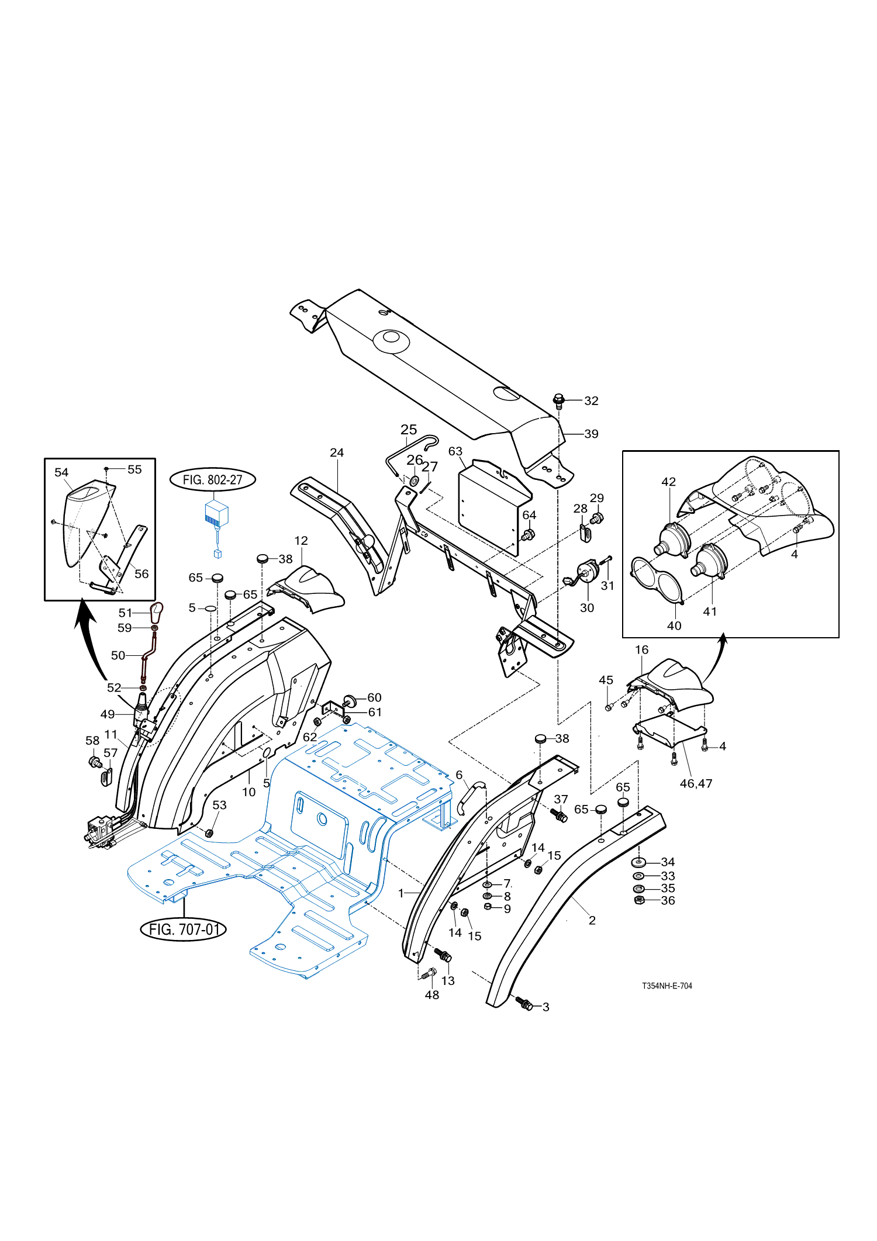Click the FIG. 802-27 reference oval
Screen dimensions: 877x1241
[213, 480]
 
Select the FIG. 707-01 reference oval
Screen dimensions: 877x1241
[184, 929]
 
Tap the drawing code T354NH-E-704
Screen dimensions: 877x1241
[667, 986]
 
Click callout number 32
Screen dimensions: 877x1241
[592, 400]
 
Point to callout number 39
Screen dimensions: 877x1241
[592, 434]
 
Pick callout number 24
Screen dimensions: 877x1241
[337, 452]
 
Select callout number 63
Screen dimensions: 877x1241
[455, 451]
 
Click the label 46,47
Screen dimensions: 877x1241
[696, 783]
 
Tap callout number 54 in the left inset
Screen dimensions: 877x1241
[61, 472]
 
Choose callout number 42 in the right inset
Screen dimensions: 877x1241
[669, 482]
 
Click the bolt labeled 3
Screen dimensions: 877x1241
[525, 1004]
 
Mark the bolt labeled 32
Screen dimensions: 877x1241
[558, 400]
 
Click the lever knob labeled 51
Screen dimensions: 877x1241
[156, 613]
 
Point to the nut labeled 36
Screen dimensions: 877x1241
[639, 900]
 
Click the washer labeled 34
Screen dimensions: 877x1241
[639, 862]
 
